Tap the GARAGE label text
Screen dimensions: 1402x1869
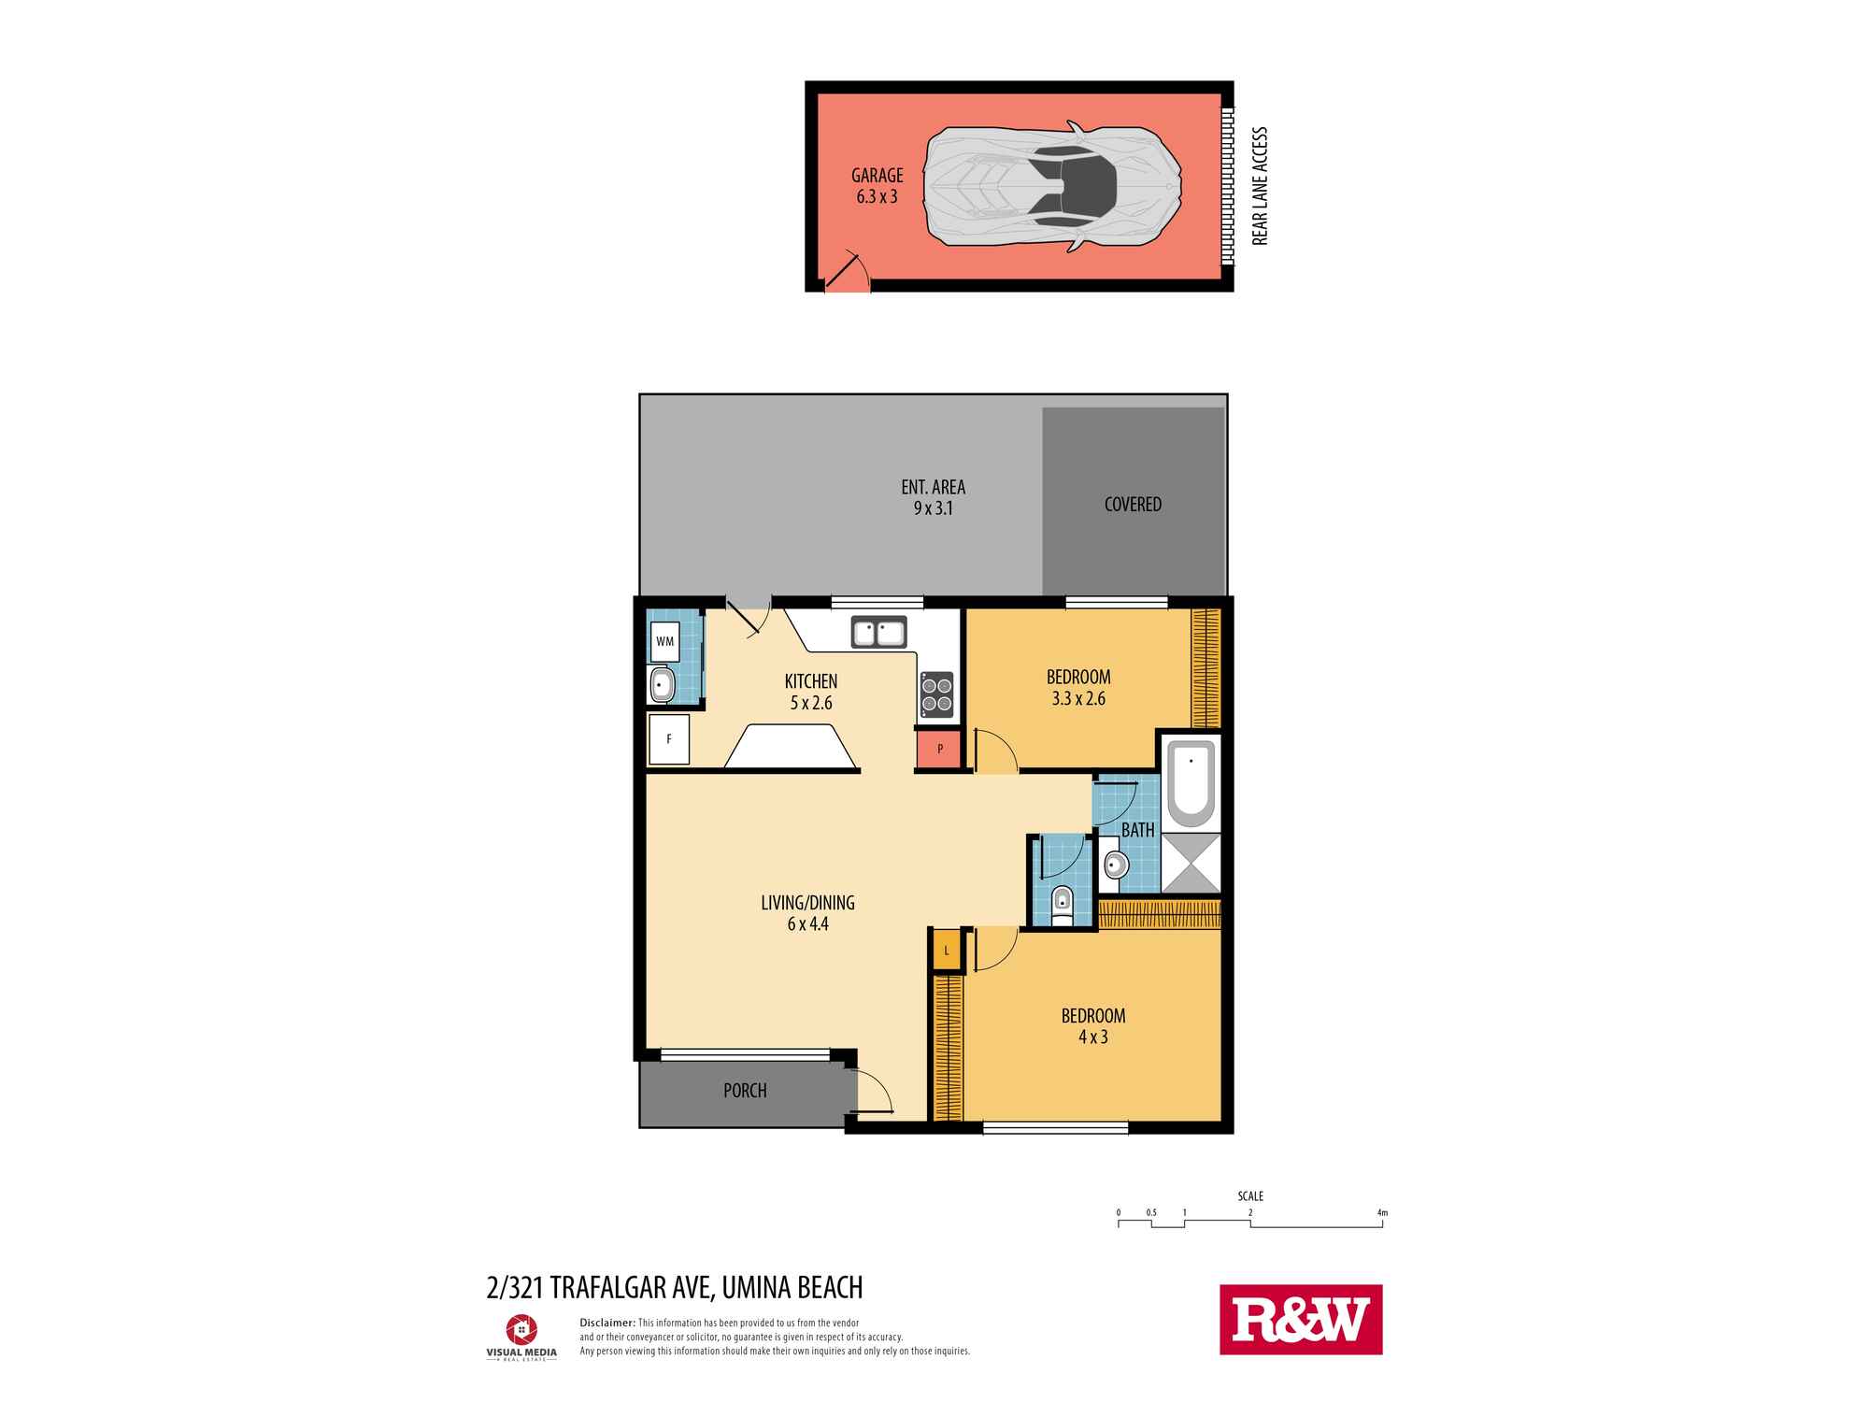point(877,176)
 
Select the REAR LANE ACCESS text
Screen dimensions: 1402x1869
point(1259,186)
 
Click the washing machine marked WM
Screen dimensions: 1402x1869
point(664,641)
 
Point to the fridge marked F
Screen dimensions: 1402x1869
point(669,739)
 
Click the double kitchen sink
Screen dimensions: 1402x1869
point(878,633)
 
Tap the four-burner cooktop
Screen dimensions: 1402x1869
point(937,694)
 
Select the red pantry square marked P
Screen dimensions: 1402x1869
point(940,750)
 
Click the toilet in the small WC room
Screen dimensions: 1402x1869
point(1062,905)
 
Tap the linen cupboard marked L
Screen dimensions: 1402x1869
point(947,951)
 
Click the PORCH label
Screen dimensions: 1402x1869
point(745,1091)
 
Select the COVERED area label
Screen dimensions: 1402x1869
point(1133,505)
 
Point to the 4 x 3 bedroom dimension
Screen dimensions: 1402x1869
point(1092,1037)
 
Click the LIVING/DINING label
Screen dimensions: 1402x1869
point(807,903)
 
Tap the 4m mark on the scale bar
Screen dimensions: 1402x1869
point(1382,1213)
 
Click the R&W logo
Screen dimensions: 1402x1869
point(1301,1319)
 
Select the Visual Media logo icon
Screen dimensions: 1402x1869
point(521,1329)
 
